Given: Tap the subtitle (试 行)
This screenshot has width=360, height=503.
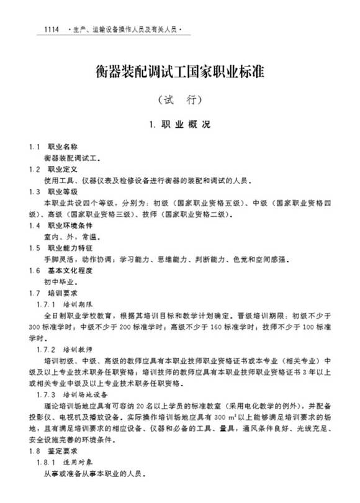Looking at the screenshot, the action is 179,99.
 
